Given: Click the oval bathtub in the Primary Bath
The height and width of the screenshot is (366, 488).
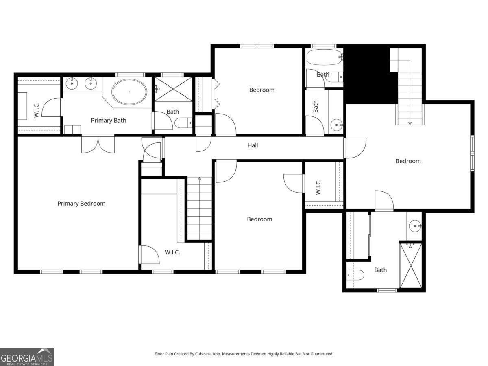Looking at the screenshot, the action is point(129,92).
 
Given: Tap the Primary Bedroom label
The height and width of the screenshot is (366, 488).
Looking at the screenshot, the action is point(81,204).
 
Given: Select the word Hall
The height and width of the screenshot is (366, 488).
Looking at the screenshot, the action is point(253,145).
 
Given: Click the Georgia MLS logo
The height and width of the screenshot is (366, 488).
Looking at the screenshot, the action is point(27,357).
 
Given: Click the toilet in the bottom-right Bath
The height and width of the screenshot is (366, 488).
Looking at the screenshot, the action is point(355,274).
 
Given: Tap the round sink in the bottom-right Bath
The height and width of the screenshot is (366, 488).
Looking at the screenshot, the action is point(415,226).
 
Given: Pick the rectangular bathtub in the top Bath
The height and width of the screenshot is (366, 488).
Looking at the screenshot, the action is point(325,57).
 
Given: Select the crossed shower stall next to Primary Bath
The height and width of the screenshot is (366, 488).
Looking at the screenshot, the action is point(173,89).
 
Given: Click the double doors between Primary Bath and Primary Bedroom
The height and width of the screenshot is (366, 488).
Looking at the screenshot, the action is point(98,144).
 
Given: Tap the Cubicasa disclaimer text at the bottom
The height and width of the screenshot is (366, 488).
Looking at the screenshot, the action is point(244,354).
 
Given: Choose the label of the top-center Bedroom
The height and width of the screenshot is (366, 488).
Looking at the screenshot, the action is point(261,90).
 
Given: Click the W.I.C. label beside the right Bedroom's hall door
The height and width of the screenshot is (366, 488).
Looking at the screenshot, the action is point(318,187).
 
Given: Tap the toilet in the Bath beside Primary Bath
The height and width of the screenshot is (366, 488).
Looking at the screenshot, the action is point(183,123).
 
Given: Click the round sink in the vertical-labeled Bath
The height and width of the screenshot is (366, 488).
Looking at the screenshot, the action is point(336,125).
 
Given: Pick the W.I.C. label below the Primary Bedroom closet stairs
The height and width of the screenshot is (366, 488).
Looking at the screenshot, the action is point(172,252).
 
